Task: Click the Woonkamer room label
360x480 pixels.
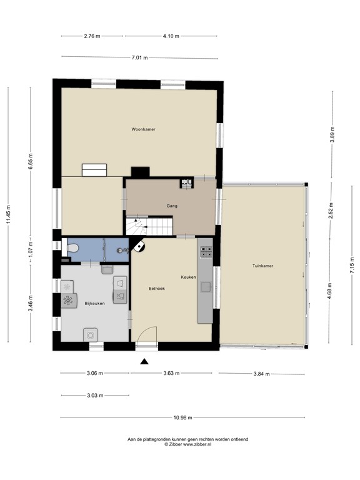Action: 143,129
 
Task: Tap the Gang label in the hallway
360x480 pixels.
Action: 172,206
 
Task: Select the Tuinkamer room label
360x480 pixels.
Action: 263,266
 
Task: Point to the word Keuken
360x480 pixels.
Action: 188,277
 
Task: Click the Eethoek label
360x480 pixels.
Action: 157,289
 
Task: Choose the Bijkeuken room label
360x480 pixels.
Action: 94,304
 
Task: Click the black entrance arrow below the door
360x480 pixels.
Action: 144,361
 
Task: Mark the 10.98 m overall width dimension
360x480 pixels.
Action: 182,417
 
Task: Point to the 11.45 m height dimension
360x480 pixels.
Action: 8,215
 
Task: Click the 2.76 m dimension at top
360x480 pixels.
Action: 92,37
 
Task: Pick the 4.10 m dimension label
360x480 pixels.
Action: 171,37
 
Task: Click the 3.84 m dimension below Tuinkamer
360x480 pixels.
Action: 261,374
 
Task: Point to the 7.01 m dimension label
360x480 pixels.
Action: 139,57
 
